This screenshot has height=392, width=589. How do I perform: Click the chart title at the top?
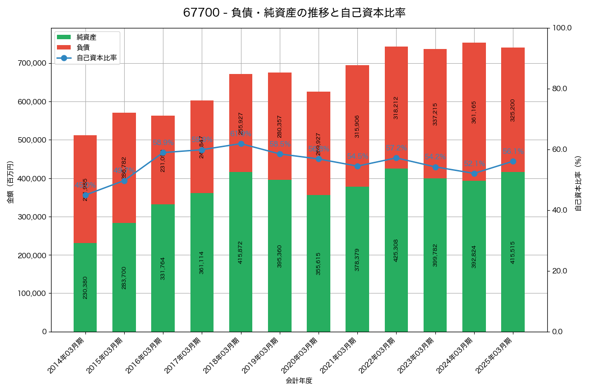point(294,13)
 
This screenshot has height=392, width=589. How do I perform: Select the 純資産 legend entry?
point(86,37)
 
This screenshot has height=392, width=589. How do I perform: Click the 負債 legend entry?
point(83,48)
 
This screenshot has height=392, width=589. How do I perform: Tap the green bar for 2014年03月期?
point(85,287)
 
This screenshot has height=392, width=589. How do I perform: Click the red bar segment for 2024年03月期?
point(474,112)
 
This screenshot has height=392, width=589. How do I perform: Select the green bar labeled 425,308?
point(396,250)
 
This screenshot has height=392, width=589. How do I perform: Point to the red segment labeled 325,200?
point(513,110)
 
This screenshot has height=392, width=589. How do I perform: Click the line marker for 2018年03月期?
point(241,144)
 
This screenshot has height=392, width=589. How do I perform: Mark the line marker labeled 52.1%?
point(474,173)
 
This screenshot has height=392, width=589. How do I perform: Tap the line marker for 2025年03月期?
point(513,161)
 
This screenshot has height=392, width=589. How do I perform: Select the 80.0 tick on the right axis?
point(559,89)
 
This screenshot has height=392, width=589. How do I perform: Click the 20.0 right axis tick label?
point(559,271)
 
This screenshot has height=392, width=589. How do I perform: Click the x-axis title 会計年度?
point(299,380)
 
